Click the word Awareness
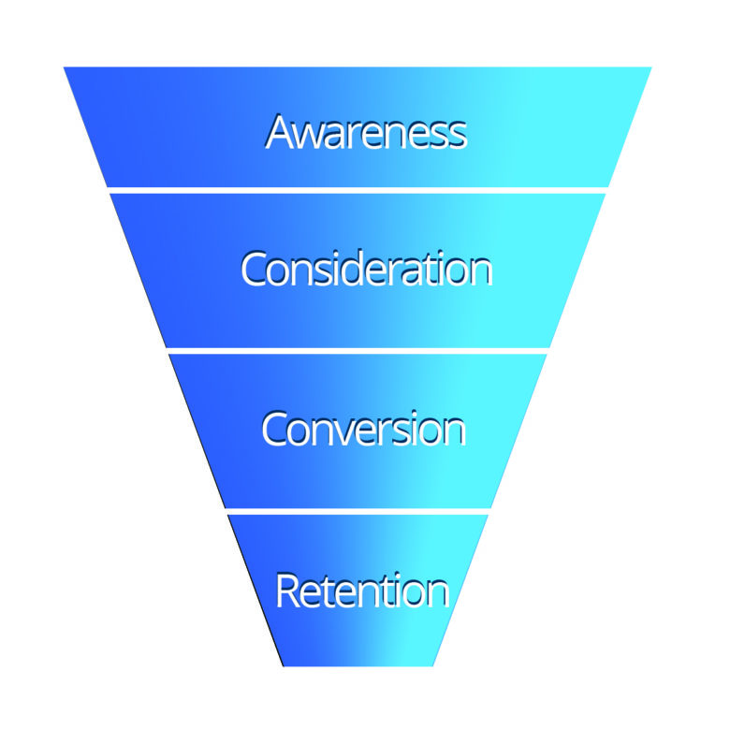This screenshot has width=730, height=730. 366,132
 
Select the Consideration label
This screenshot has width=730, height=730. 366,270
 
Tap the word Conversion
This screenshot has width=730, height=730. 363,429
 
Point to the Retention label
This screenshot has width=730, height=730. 362,591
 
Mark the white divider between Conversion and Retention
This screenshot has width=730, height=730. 358,511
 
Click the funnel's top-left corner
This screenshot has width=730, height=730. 65,67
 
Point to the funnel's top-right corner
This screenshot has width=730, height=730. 650,67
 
